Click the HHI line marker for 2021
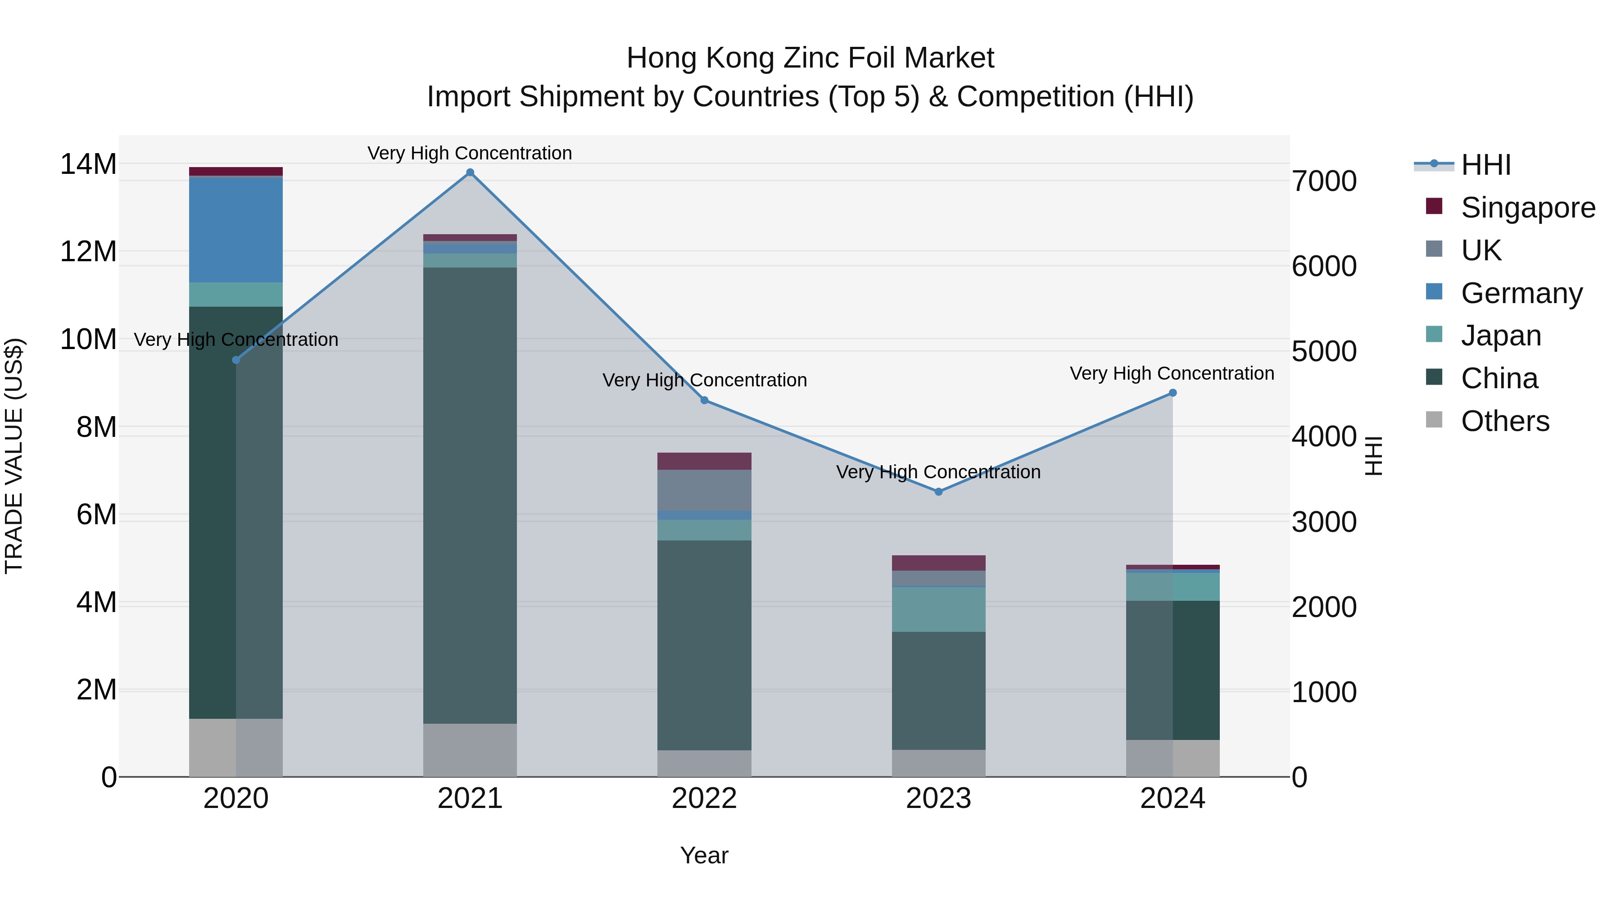click(x=470, y=172)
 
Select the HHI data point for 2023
click(x=938, y=491)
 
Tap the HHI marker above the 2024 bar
click(x=1173, y=393)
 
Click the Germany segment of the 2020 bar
click(x=236, y=230)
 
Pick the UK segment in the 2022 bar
click(x=704, y=490)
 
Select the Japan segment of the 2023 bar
click(x=938, y=609)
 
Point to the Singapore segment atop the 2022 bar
click(x=704, y=461)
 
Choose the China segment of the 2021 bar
click(x=470, y=495)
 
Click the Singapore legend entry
click(x=1528, y=208)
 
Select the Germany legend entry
click(x=1521, y=293)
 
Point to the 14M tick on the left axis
click(x=88, y=164)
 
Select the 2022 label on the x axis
click(x=704, y=799)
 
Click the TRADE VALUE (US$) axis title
click(x=14, y=456)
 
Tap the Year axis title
click(x=704, y=855)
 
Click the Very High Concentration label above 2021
click(x=470, y=153)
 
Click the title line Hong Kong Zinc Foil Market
click(x=810, y=58)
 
